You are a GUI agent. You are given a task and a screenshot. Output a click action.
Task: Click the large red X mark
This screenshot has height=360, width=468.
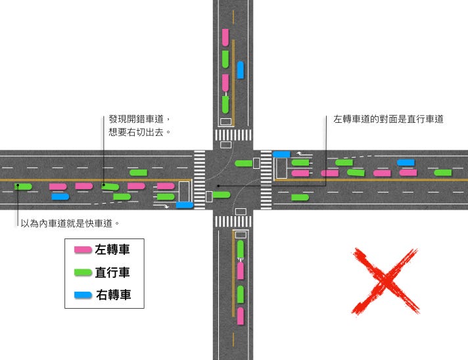(385, 281)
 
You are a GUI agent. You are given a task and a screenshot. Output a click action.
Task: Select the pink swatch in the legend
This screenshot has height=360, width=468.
(83, 250)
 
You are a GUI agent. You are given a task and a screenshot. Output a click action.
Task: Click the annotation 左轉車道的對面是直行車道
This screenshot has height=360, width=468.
(388, 119)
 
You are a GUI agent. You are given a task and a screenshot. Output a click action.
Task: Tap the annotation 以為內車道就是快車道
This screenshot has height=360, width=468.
(70, 223)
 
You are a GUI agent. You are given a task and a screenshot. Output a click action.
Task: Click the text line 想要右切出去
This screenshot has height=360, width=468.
(139, 132)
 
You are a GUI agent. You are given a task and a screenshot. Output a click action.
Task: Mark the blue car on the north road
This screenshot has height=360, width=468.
(241, 70)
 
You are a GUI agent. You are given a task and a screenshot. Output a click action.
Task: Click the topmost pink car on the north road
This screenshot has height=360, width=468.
(225, 37)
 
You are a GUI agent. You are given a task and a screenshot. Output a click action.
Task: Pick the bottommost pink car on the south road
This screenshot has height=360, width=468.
(241, 316)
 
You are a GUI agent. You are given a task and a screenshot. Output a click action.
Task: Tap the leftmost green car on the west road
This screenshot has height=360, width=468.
(24, 187)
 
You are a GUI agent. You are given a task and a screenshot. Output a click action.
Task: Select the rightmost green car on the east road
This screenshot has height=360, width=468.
(443, 173)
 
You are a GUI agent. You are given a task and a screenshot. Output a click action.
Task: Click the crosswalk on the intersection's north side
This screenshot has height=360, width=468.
(233, 135)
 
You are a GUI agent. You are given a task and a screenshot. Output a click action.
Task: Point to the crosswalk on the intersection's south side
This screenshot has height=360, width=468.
(233, 221)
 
